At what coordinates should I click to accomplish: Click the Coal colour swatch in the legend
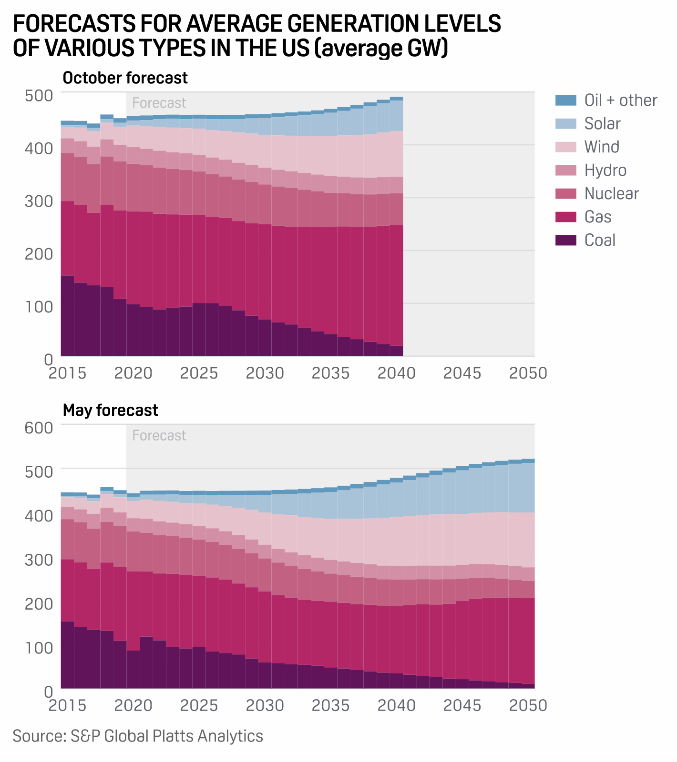[566, 240]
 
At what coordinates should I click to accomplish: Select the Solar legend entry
[602, 123]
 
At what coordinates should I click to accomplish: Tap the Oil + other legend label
[620, 100]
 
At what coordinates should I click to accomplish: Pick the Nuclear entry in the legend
[611, 193]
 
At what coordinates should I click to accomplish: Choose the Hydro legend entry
[605, 170]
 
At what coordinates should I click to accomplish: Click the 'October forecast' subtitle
[125, 78]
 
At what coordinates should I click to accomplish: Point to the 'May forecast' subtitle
[110, 410]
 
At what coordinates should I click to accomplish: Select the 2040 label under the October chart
[396, 373]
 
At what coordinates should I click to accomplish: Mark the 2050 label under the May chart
[528, 705]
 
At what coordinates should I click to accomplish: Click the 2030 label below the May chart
[265, 705]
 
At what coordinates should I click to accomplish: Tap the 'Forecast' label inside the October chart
[159, 103]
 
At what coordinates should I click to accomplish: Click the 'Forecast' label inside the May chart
[159, 435]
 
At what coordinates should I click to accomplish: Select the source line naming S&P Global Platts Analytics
[138, 736]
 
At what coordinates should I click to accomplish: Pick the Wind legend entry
[602, 147]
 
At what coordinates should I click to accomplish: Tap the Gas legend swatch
[566, 217]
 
